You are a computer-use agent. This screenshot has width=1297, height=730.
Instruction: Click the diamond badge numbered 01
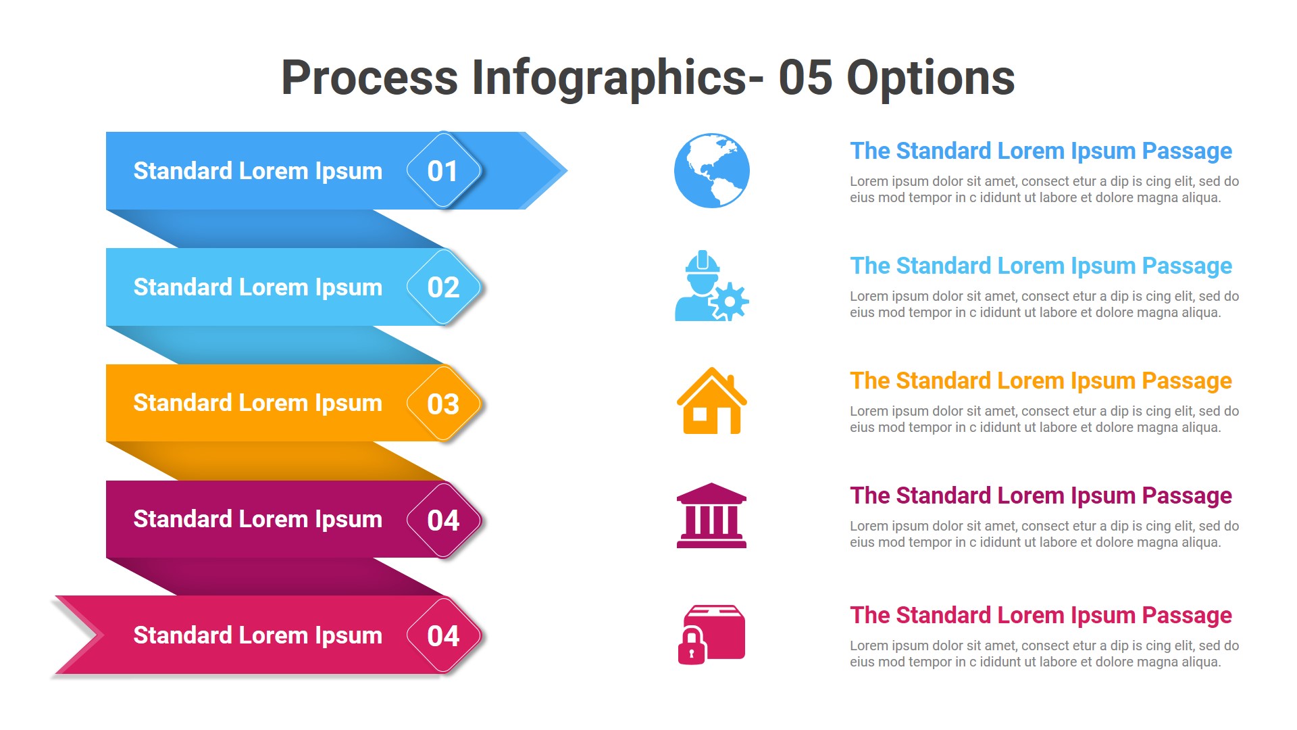(443, 170)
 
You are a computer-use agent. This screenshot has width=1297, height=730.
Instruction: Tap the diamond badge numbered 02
(443, 287)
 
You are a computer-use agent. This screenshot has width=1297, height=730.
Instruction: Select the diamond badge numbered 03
(443, 404)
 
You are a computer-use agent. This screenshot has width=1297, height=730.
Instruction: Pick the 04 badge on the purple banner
(443, 520)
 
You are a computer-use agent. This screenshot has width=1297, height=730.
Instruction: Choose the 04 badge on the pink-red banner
(443, 636)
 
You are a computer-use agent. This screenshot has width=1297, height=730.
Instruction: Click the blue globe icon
(711, 170)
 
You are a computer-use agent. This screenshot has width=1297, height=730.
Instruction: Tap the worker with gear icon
(703, 287)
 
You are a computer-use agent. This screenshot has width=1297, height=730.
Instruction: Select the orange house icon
(711, 401)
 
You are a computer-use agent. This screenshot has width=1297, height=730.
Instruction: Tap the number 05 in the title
(805, 78)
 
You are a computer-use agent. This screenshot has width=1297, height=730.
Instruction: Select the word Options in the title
(930, 78)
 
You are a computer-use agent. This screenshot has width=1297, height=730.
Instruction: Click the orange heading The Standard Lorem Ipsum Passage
(1040, 381)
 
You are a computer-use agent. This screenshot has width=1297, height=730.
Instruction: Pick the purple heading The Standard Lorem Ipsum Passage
(1040, 495)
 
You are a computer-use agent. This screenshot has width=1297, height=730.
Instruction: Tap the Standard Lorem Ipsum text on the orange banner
(257, 403)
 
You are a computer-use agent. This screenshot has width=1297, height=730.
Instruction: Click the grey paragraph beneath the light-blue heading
(1044, 304)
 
